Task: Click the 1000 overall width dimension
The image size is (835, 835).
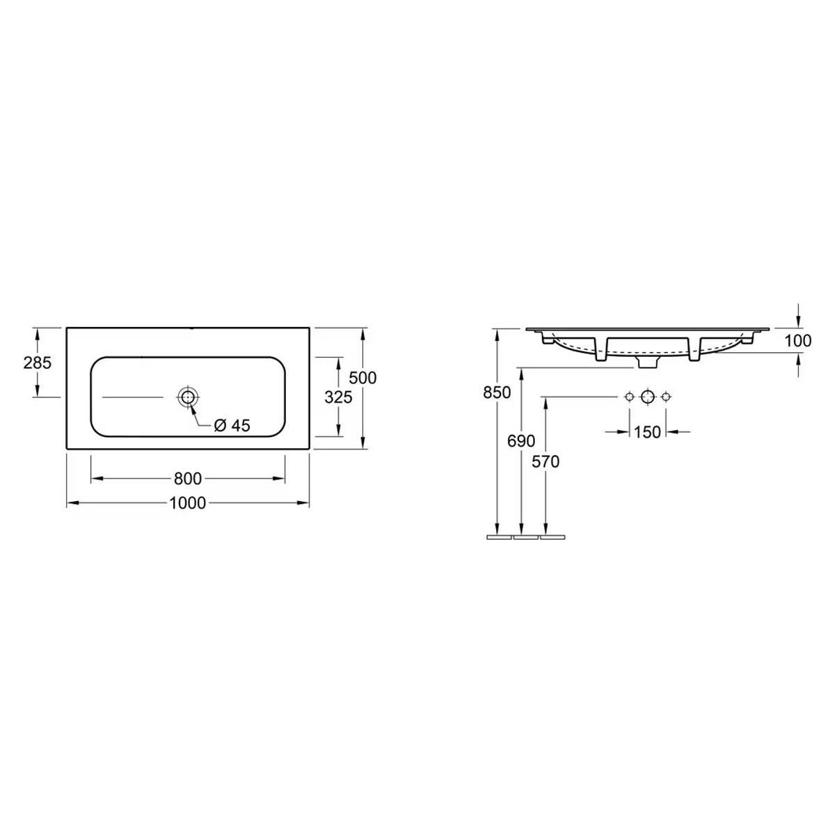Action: coord(187,503)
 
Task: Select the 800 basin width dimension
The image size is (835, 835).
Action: coord(188,478)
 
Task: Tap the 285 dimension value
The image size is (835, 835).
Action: coord(38,363)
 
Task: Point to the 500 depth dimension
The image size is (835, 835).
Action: coord(363,378)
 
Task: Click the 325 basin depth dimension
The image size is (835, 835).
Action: coord(338,397)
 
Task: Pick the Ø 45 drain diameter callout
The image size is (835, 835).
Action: coord(232,426)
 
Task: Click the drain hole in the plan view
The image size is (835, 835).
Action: coord(188,397)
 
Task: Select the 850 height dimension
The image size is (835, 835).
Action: coord(497,392)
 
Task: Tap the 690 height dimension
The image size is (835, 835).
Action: coord(521,441)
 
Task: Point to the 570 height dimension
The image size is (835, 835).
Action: coord(546,462)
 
